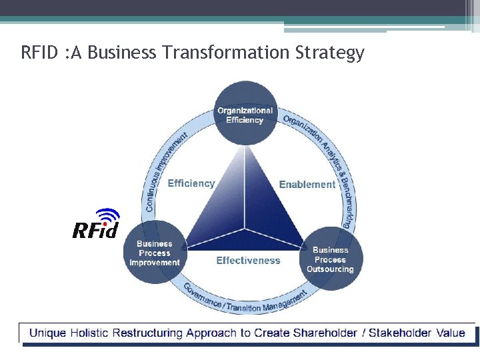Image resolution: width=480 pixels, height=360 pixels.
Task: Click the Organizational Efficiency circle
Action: click(x=245, y=114)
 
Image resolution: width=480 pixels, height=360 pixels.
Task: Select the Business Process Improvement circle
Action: click(x=155, y=252)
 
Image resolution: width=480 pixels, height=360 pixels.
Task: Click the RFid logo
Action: click(x=95, y=225)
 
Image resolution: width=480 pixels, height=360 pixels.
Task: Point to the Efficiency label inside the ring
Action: click(x=191, y=183)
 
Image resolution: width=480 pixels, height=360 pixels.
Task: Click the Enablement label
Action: click(x=307, y=184)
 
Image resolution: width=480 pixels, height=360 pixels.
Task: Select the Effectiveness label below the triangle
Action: click(x=248, y=261)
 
